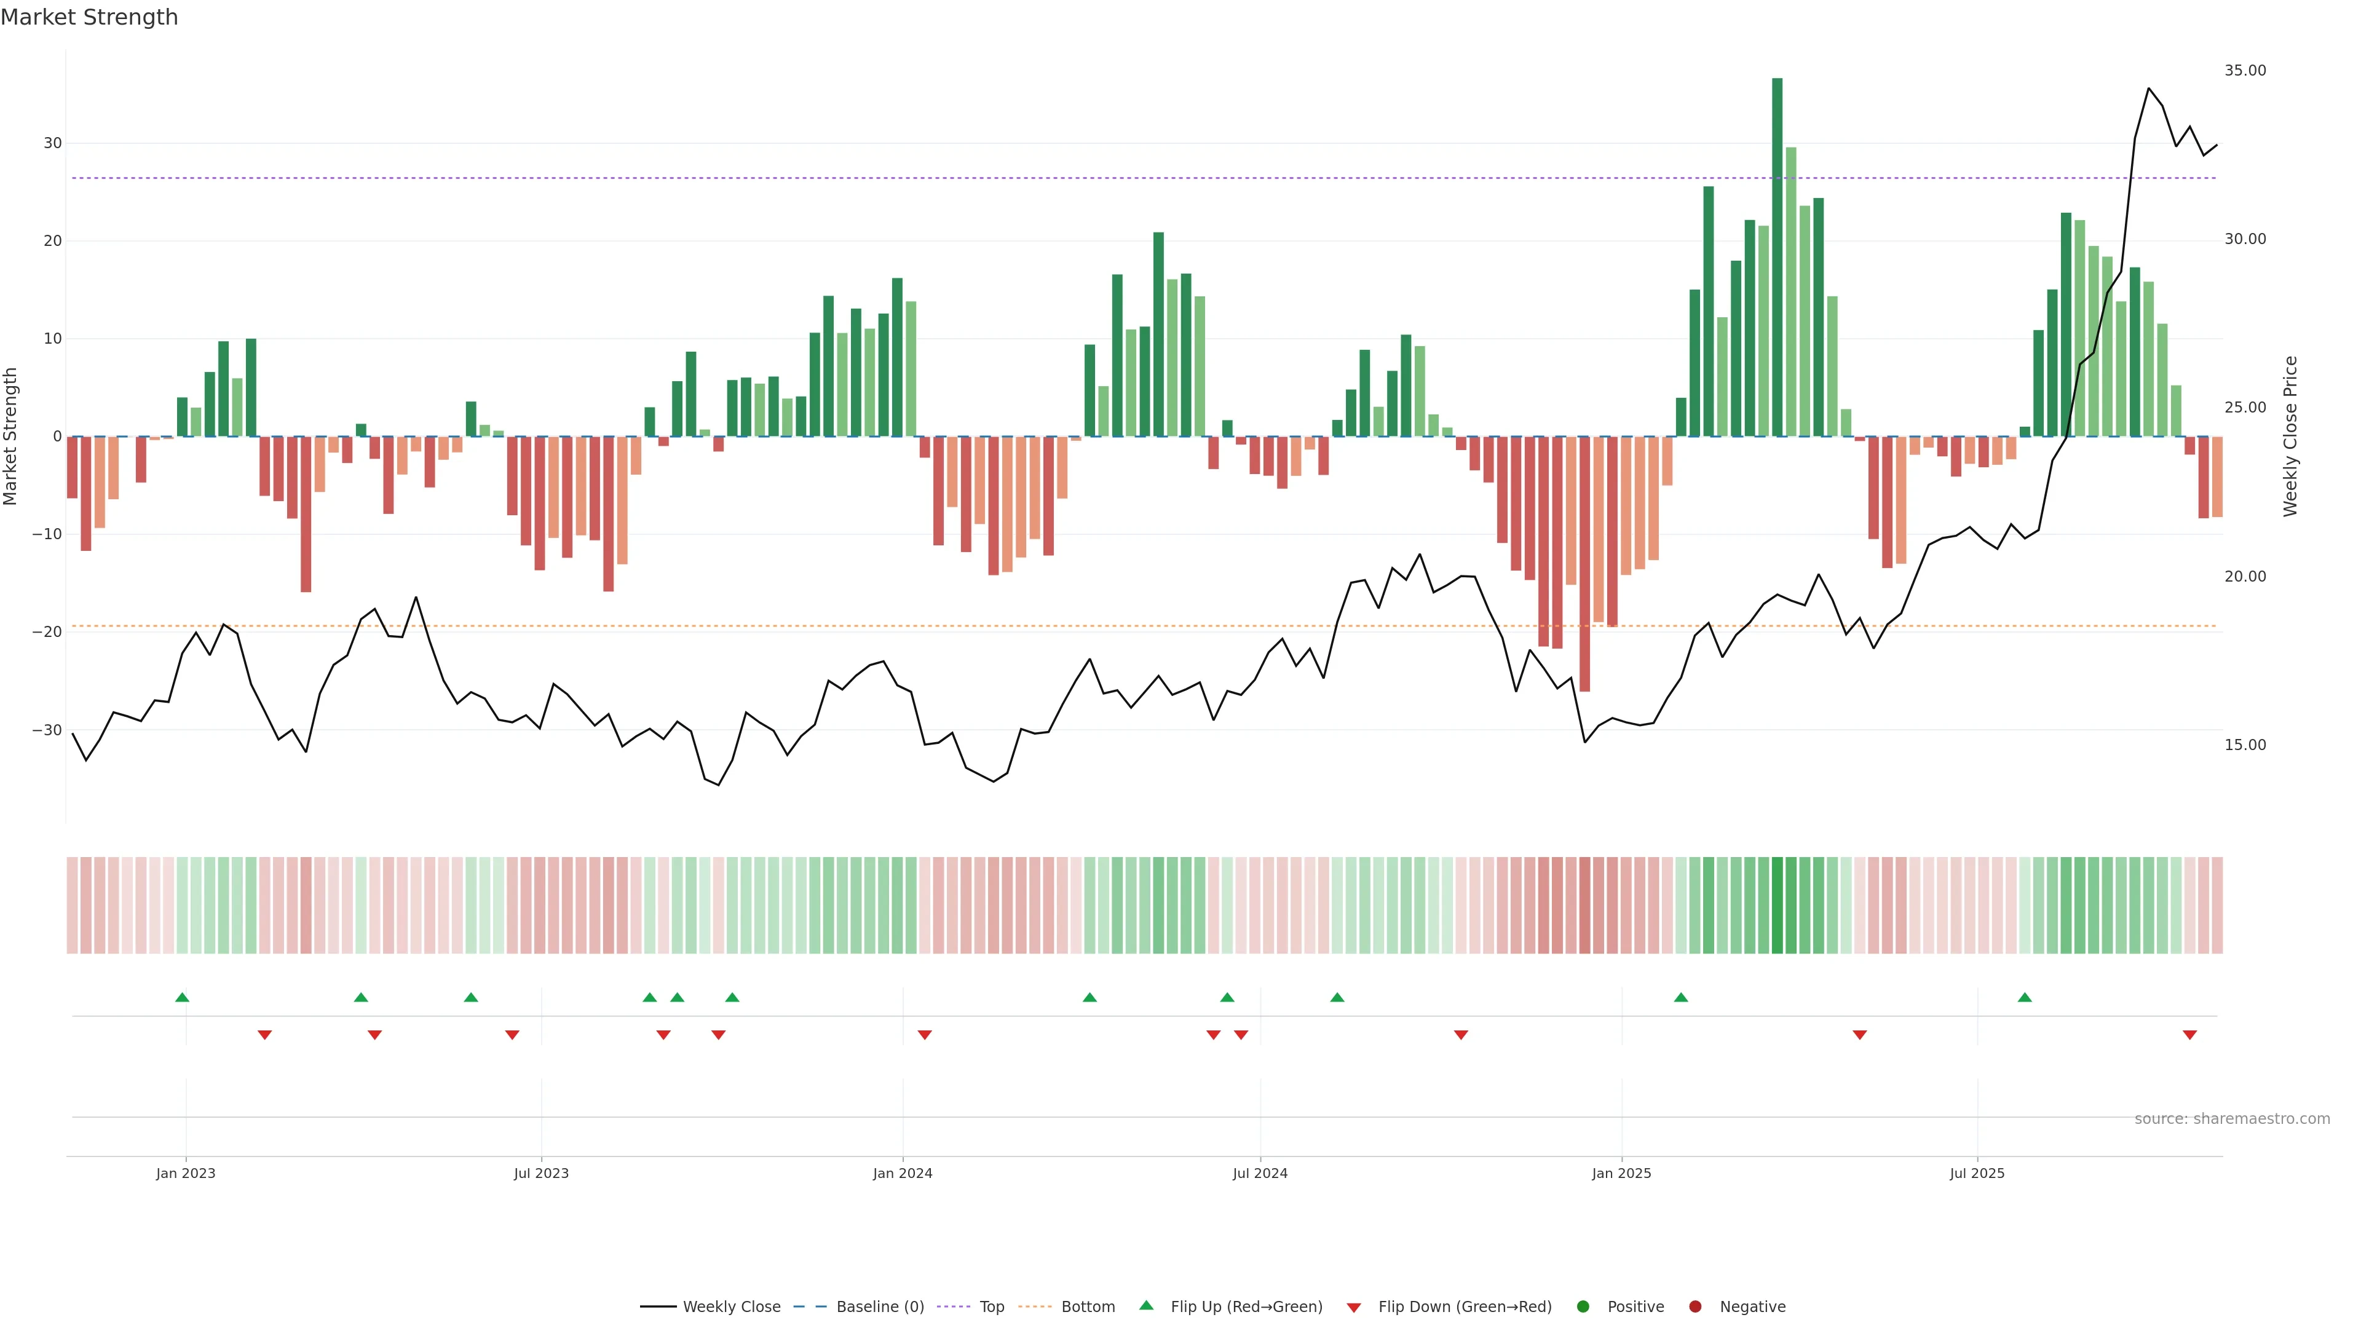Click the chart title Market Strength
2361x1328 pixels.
[x=89, y=17]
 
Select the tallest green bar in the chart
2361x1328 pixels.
[x=1776, y=256]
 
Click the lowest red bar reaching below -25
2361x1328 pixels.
[x=1584, y=564]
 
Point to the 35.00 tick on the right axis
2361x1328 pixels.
[x=2245, y=71]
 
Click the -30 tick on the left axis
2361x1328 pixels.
[x=47, y=730]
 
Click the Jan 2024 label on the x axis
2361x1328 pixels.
[x=902, y=1173]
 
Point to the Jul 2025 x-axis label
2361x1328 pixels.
[x=1976, y=1173]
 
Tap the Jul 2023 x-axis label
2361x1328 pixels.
[x=541, y=1173]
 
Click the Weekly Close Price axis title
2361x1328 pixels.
[x=2290, y=437]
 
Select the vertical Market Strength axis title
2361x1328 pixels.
[x=11, y=437]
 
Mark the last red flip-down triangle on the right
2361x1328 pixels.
[x=2189, y=1035]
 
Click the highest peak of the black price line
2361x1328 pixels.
[x=2148, y=89]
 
